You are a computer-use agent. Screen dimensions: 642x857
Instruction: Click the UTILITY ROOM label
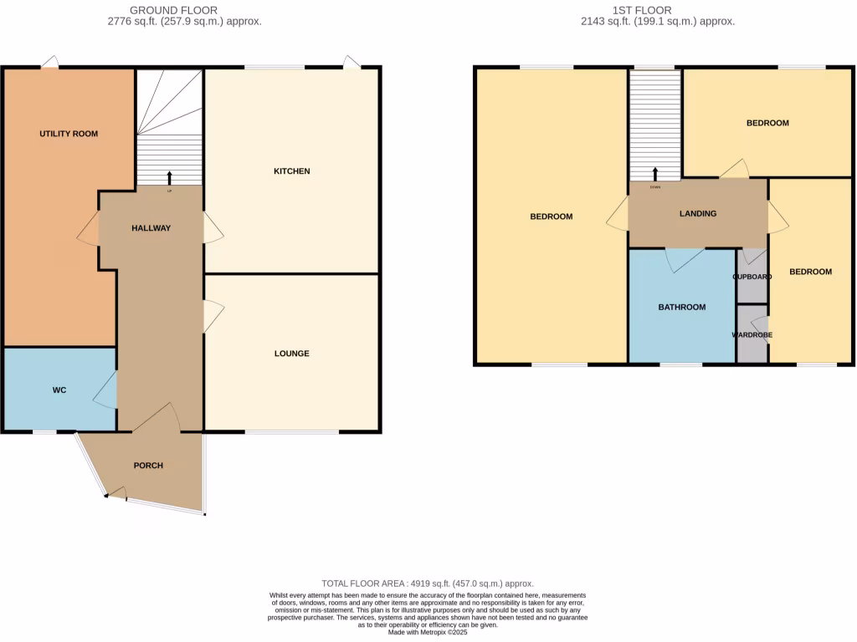69,134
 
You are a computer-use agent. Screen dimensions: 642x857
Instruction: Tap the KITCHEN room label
292,171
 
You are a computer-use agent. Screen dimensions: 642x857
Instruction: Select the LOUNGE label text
292,354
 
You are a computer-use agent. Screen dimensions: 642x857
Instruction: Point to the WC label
59,390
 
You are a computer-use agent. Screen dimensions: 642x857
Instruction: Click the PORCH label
148,466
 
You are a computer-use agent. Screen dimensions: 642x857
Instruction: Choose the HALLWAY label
151,228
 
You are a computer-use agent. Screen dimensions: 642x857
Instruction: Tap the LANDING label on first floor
697,214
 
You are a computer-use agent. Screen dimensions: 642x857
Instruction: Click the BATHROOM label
681,308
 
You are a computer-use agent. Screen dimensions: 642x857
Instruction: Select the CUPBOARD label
752,277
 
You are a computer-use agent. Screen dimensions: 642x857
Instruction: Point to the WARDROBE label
752,335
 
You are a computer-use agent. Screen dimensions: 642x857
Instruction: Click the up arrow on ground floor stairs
170,177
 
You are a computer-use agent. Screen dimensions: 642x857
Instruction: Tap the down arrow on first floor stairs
654,174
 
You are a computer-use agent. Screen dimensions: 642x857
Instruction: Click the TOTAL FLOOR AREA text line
428,583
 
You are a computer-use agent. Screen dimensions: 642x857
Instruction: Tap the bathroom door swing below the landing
680,259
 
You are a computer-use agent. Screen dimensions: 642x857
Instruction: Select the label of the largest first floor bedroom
552,217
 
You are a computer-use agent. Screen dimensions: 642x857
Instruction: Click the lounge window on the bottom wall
292,432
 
